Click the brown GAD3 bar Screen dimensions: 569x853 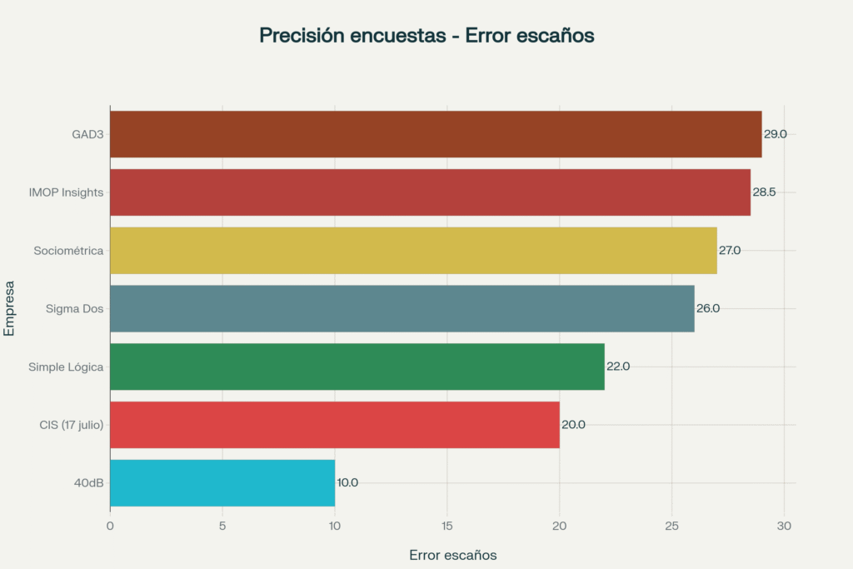coord(436,134)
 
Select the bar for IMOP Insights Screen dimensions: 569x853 coord(430,192)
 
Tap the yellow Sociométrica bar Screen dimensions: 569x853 coord(413,251)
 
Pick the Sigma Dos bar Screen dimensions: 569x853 coord(402,308)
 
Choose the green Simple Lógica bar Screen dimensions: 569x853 coord(357,367)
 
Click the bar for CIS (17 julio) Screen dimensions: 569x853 coord(334,425)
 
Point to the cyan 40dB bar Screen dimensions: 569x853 coord(222,482)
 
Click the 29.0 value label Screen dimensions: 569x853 coord(776,134)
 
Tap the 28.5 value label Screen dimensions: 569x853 coord(764,192)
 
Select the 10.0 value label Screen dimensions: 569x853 coord(347,482)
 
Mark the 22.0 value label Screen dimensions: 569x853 coord(618,367)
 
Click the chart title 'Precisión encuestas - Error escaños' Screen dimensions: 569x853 coord(426,36)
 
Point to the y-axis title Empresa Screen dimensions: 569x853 coord(9,308)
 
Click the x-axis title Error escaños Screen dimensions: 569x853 coord(453,555)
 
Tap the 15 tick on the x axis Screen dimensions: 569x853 coord(447,526)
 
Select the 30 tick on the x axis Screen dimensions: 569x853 coord(784,526)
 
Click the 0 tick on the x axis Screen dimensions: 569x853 coord(110,526)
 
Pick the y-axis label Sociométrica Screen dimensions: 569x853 coord(68,251)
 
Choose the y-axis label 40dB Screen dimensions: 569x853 coord(87,482)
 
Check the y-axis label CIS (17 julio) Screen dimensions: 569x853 coord(71,425)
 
